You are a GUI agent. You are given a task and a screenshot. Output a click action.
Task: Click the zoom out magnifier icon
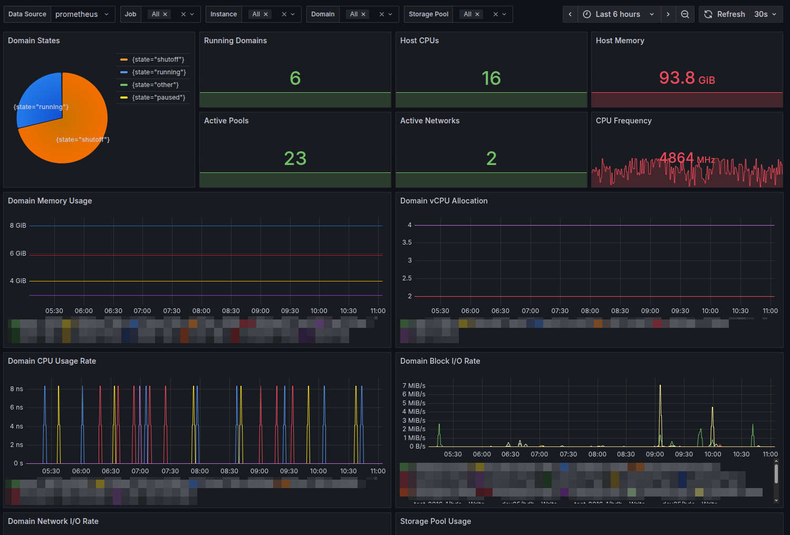(685, 14)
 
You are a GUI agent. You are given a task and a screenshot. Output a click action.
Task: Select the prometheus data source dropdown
(82, 14)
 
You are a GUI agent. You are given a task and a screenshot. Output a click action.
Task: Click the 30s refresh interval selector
(765, 14)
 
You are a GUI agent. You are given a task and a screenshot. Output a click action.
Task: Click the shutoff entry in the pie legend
(158, 60)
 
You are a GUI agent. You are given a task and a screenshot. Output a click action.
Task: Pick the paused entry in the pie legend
(158, 98)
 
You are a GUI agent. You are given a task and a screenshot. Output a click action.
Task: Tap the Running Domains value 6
(295, 79)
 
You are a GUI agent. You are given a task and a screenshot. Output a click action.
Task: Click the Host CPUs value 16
(491, 79)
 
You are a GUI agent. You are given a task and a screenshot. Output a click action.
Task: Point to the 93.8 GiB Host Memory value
(686, 78)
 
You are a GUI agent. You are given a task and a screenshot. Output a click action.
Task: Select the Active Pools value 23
(295, 159)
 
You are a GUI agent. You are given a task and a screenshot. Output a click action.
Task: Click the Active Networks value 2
(491, 159)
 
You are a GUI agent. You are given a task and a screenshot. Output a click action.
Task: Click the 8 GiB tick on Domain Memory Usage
(18, 226)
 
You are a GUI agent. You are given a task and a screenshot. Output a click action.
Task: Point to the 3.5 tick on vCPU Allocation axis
(407, 242)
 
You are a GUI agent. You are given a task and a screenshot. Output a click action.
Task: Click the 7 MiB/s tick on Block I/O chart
(413, 386)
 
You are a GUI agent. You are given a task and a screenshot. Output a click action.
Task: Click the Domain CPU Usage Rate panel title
(52, 361)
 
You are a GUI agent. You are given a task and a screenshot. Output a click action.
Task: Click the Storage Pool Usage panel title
(435, 521)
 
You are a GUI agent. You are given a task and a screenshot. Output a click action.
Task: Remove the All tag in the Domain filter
(363, 14)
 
